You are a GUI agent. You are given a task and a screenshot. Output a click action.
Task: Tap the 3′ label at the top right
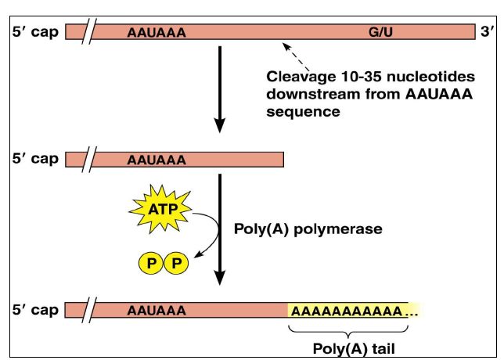click(486, 33)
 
